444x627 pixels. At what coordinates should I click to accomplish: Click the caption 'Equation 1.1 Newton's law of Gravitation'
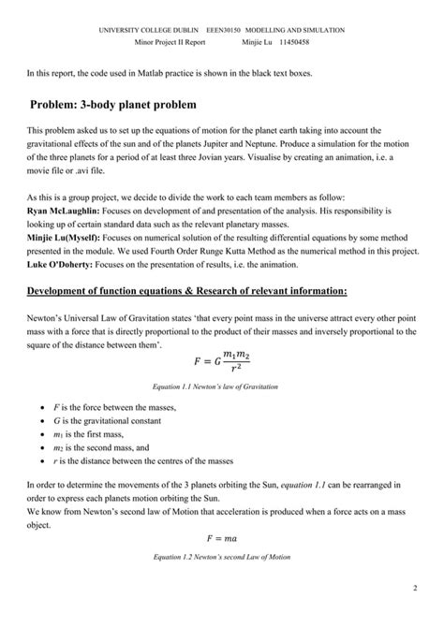point(221,386)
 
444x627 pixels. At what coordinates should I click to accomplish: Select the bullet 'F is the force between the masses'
point(120,409)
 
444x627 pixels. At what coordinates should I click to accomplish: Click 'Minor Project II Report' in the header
point(170,42)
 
